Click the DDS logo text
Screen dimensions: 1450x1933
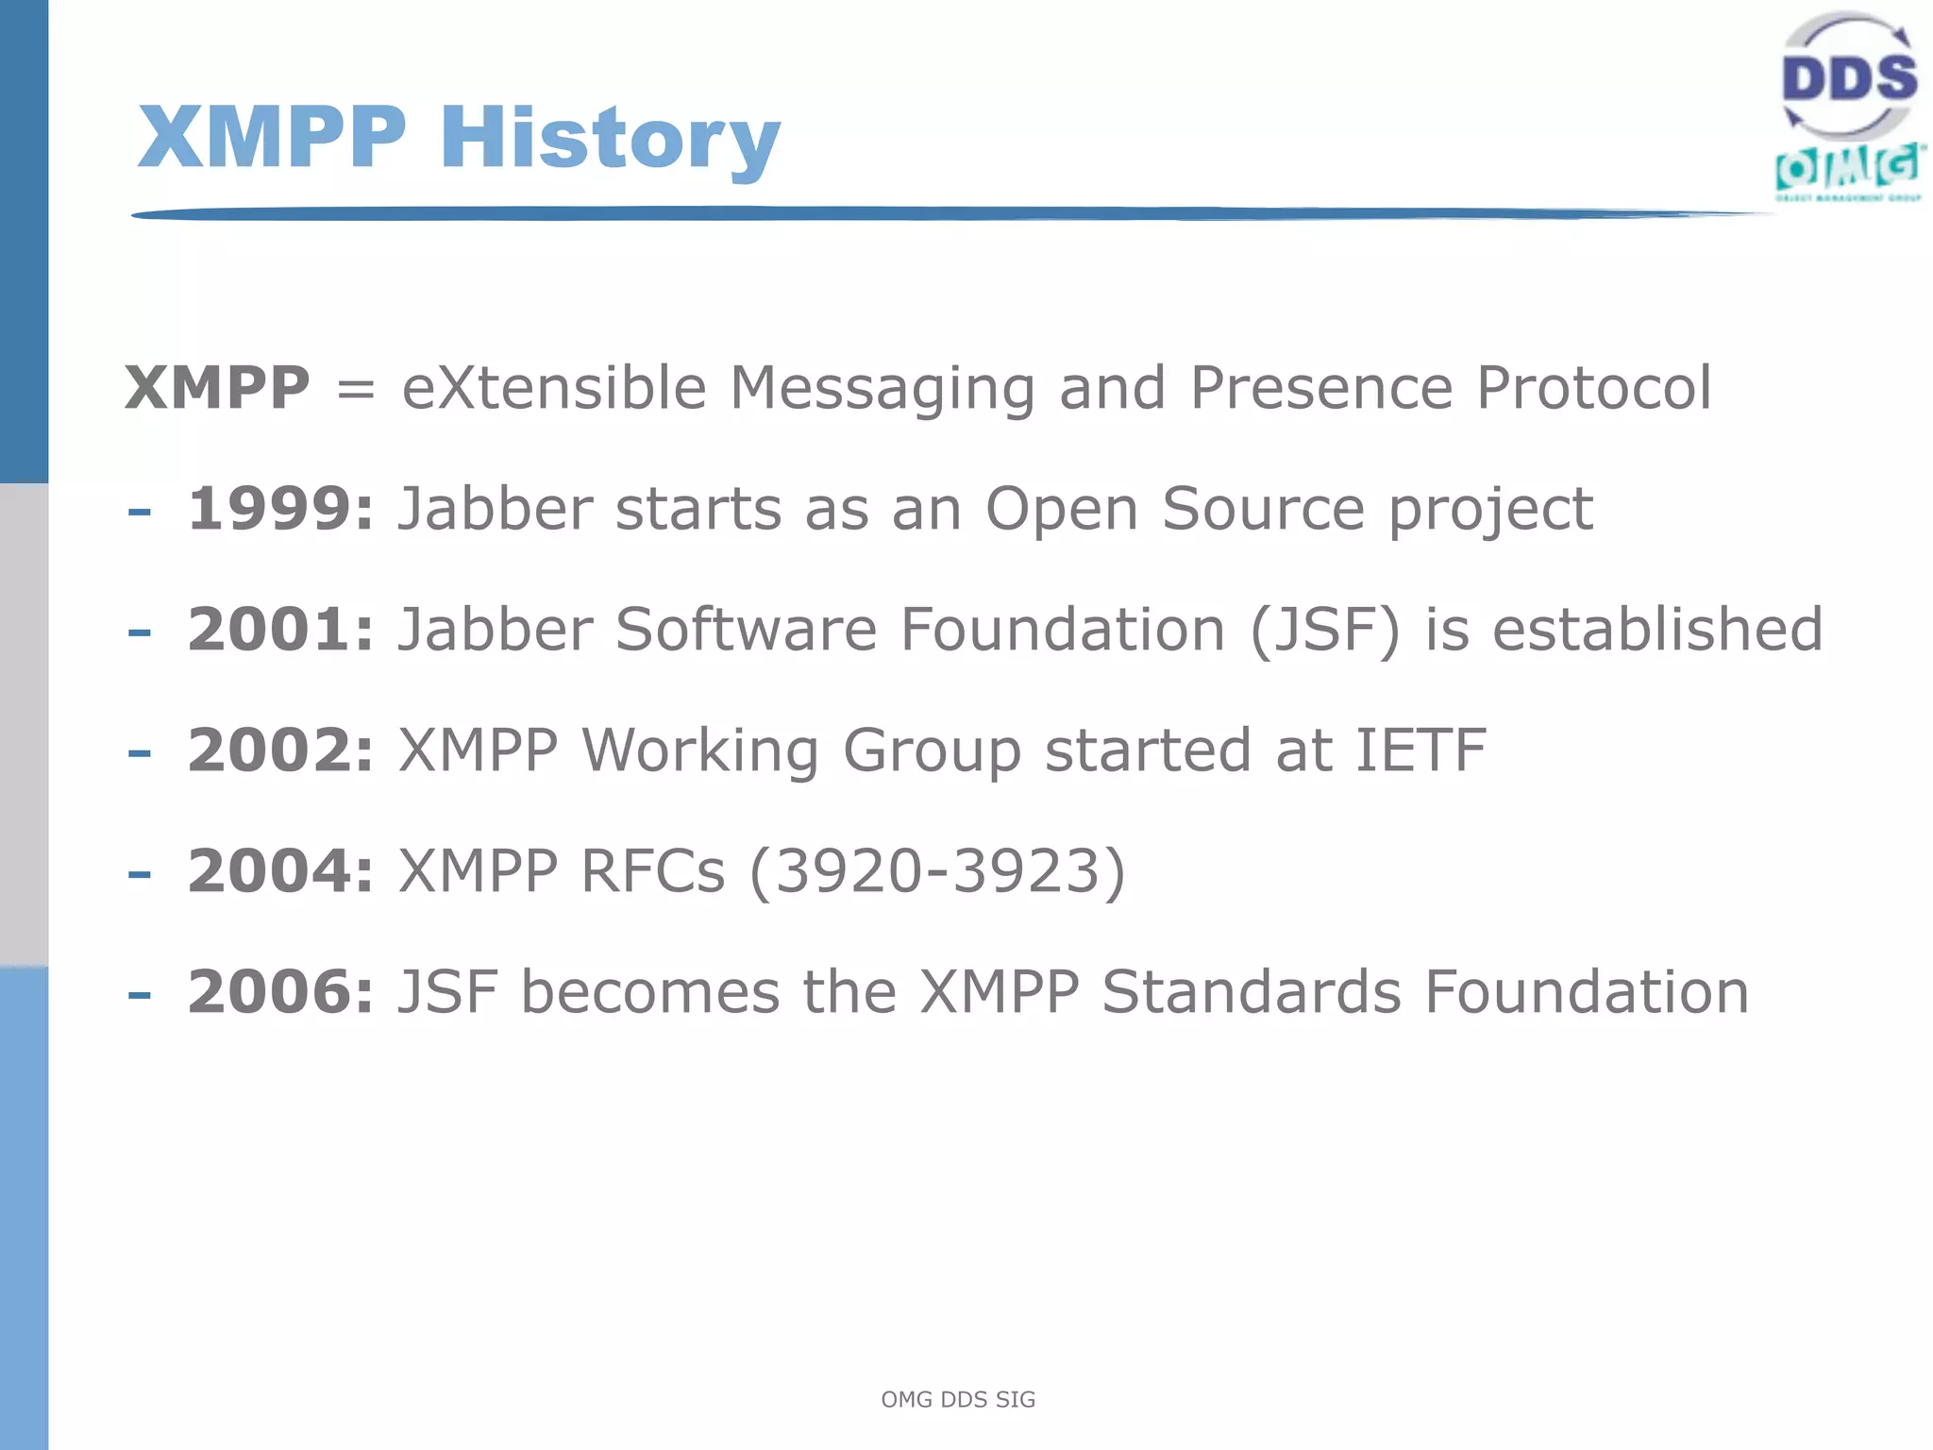coord(1848,77)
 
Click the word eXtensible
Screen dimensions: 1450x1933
coord(554,388)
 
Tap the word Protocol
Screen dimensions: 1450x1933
coord(1593,388)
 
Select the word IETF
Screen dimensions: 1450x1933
coord(1420,750)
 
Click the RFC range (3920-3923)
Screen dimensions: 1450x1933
coord(937,870)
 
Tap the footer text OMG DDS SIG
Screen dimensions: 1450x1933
coord(958,1399)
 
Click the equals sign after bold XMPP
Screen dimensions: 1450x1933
coord(356,390)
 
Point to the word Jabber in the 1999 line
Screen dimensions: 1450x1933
coord(495,509)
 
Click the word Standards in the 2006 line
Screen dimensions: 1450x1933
coord(1251,992)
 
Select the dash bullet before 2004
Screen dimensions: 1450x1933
coord(140,874)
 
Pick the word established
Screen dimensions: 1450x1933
coord(1657,630)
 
